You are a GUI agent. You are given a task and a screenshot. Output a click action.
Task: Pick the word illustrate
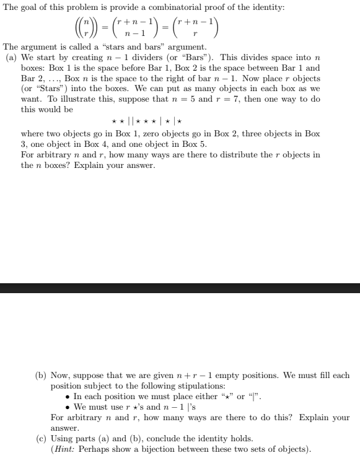[x=187, y=99]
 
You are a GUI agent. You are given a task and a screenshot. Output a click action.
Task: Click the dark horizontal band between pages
[x=180, y=288]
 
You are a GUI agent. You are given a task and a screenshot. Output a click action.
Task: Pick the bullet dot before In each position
[x=68, y=396]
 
